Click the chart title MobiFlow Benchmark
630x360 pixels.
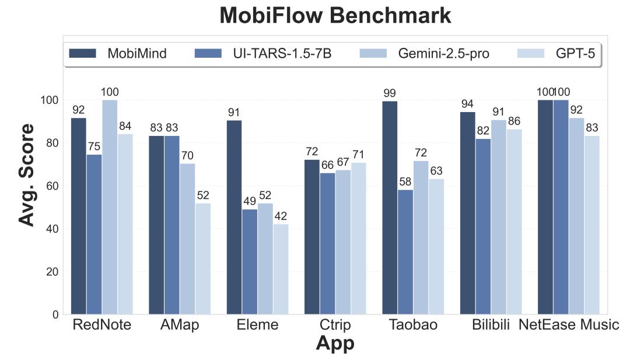(x=335, y=16)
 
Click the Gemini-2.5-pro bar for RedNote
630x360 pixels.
(x=110, y=207)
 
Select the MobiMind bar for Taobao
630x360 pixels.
(x=390, y=208)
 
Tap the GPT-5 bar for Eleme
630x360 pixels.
(x=281, y=269)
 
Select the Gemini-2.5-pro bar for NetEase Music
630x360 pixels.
(x=576, y=216)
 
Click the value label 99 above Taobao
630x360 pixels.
(x=390, y=93)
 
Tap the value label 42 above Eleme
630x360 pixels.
(x=281, y=216)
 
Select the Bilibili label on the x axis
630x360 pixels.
(x=491, y=325)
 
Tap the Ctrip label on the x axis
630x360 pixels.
(x=335, y=325)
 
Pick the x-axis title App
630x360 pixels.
(x=335, y=344)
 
